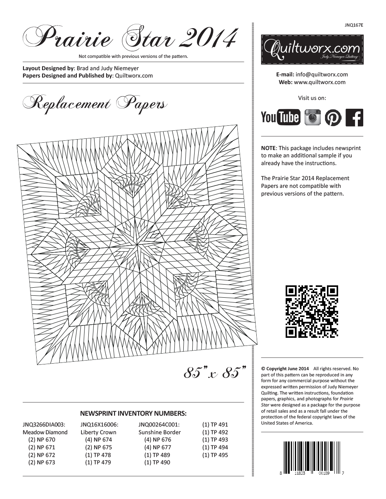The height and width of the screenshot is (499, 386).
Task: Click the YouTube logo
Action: point(280,117)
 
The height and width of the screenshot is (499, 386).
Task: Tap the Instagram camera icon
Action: point(313,117)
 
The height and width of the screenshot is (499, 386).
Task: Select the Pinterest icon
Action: point(333,118)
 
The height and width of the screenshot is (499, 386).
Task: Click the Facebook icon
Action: point(354,118)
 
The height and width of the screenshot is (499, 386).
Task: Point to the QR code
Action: point(312,312)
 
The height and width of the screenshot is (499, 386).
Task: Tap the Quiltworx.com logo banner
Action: point(312,49)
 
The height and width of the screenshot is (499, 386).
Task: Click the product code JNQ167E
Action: point(354,25)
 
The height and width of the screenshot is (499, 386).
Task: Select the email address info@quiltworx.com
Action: point(322,74)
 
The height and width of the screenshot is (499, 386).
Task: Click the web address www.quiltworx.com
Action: point(320,82)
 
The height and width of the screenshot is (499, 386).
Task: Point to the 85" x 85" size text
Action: point(215,373)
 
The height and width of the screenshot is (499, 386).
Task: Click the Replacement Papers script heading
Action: point(95,103)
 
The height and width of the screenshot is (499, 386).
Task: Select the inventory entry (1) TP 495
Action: point(215,455)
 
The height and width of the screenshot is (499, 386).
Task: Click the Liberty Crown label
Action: point(98,432)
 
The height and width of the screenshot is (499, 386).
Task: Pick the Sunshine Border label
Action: point(159,432)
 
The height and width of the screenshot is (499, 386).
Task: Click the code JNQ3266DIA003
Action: point(44,425)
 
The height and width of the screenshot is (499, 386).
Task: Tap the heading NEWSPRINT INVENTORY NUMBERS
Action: point(133,413)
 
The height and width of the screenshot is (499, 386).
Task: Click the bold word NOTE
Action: point(268,148)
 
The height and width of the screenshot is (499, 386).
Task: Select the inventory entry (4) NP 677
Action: point(157,447)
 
